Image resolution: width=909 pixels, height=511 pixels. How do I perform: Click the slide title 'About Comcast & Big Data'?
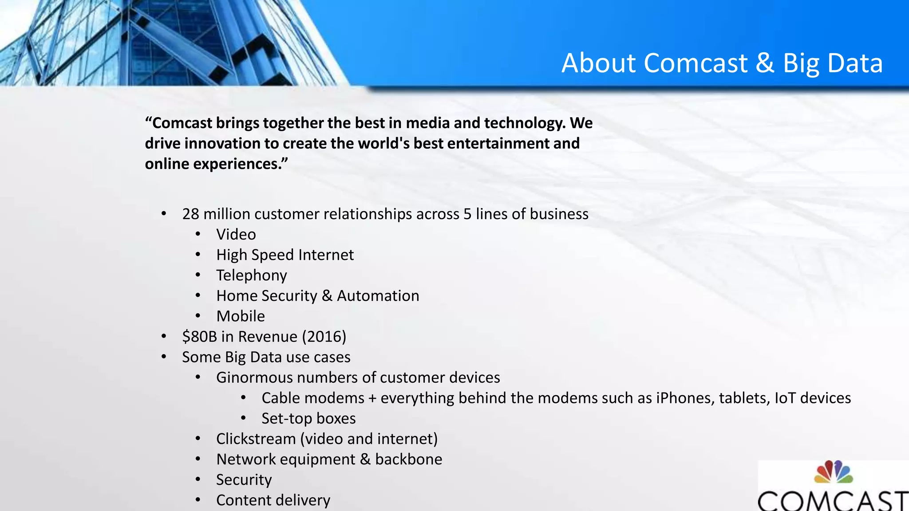tap(722, 63)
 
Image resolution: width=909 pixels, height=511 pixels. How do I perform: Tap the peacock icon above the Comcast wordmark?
tap(833, 472)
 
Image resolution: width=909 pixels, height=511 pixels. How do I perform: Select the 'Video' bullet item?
tap(236, 234)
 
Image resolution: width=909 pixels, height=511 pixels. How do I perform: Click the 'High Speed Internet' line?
tap(285, 255)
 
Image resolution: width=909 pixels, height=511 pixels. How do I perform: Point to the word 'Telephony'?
tap(251, 275)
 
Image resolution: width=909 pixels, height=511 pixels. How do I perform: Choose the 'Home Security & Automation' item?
tap(317, 296)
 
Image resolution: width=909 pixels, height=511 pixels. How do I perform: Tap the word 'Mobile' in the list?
tap(240, 316)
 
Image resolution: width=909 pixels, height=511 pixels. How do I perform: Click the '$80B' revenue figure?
tap(199, 337)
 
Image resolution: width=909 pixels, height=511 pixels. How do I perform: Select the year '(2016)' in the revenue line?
tap(324, 337)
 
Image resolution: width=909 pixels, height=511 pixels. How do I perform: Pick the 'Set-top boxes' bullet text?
tap(308, 418)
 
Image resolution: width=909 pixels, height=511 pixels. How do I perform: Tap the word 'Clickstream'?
tap(256, 439)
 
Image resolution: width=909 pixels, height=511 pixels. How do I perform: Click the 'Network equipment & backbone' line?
tap(329, 459)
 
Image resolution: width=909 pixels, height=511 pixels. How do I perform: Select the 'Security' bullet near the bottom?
tap(244, 480)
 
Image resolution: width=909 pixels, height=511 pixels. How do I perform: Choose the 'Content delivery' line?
tap(273, 500)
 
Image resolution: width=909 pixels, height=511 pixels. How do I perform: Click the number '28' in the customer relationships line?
tap(190, 214)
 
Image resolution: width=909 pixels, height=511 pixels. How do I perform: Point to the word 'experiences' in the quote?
tap(236, 164)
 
